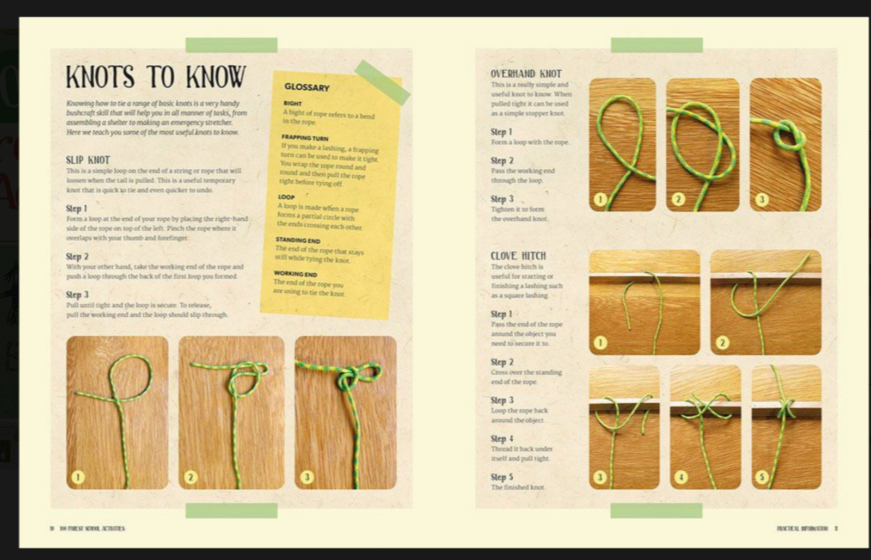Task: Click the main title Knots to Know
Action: [156, 77]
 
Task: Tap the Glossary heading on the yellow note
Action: [306, 87]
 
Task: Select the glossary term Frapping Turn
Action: [305, 138]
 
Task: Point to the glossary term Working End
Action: [295, 274]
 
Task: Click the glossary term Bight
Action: [292, 103]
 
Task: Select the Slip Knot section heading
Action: [88, 160]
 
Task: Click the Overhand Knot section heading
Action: [525, 73]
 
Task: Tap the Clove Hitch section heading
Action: [518, 256]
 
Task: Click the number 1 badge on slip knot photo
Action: [78, 477]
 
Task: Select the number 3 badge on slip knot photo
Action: [306, 477]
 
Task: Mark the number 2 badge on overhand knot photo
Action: [678, 199]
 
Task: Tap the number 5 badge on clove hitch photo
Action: [762, 477]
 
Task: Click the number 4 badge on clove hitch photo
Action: [680, 477]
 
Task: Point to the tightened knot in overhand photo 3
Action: [789, 137]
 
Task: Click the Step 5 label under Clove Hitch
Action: [501, 477]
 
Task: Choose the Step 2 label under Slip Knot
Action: [77, 256]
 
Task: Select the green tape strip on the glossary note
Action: [382, 82]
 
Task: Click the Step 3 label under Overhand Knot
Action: [501, 199]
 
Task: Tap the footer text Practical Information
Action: [802, 528]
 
